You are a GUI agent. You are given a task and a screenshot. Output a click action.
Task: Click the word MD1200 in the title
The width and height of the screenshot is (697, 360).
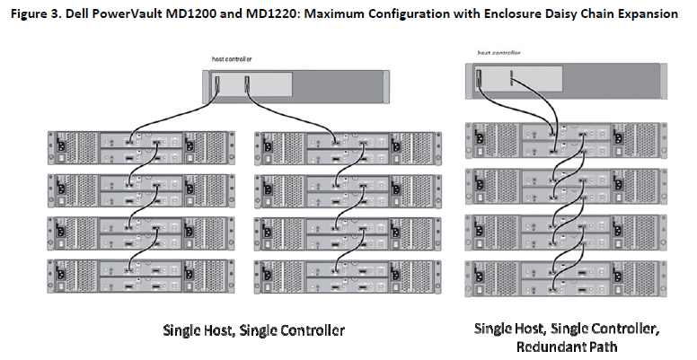190,13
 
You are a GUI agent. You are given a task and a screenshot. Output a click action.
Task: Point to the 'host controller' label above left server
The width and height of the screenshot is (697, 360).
232,59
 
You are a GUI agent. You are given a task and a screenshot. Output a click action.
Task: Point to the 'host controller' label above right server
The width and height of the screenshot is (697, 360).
498,52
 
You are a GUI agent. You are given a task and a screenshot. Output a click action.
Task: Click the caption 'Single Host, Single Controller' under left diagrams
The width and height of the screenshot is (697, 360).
254,330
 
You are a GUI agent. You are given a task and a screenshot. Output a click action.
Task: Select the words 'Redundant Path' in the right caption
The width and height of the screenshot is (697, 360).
567,347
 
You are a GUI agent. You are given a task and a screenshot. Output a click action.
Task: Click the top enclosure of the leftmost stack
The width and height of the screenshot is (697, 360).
141,148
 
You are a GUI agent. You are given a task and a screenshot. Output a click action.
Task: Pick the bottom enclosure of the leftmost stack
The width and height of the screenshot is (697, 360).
141,277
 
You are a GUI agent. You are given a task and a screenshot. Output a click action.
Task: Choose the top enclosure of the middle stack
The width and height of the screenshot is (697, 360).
348,148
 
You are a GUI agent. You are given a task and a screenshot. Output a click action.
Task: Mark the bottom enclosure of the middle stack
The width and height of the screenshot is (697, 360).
348,277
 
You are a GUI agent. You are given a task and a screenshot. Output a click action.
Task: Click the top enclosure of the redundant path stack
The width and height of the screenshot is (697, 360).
566,140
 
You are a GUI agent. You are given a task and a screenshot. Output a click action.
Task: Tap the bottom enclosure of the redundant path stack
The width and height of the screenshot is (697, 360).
566,279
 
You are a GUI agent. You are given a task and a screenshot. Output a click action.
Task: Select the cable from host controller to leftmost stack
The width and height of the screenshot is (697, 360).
174,117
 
